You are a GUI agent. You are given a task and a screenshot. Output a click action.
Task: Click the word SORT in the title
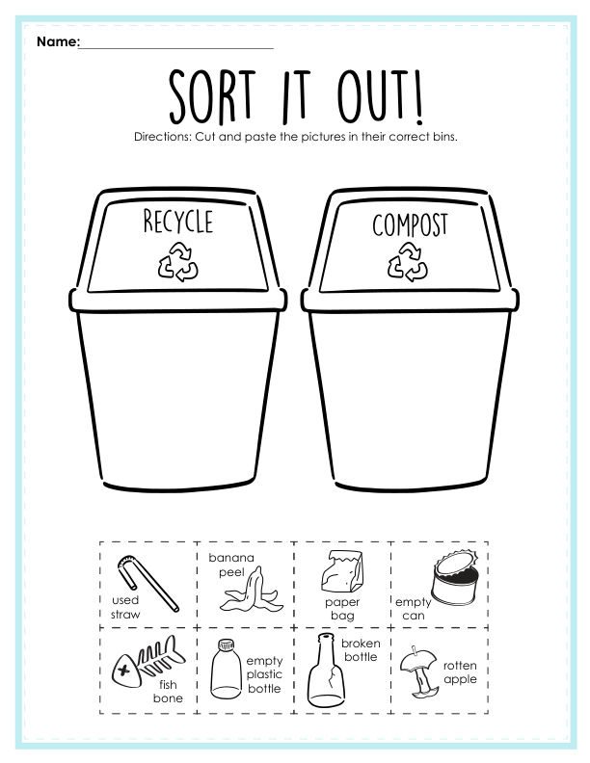[212, 96]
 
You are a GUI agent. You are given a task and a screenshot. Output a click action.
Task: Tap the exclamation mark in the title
[417, 97]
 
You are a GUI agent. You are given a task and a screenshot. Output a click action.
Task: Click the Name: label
[58, 41]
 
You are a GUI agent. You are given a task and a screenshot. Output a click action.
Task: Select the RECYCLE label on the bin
[178, 221]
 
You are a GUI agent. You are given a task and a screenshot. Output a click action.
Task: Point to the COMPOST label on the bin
[410, 224]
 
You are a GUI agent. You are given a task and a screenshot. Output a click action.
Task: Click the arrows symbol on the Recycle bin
[177, 262]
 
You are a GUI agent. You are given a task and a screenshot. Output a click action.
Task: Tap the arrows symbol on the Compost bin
[408, 262]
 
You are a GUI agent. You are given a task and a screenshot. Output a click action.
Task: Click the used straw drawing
[147, 583]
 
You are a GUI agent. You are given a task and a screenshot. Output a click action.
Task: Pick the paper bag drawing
[342, 570]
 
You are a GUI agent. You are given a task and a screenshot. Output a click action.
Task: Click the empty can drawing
[455, 578]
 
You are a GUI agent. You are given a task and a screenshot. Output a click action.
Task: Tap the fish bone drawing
[148, 661]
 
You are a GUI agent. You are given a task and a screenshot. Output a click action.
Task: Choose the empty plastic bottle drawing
[226, 670]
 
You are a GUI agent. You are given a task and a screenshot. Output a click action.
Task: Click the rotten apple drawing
[418, 672]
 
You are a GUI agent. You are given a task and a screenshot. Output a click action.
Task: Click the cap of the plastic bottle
[226, 645]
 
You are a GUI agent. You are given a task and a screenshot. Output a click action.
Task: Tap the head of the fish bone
[126, 671]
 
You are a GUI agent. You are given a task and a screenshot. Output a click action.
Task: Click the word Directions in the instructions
[163, 137]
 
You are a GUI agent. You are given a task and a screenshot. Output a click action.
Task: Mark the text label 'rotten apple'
[460, 672]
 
